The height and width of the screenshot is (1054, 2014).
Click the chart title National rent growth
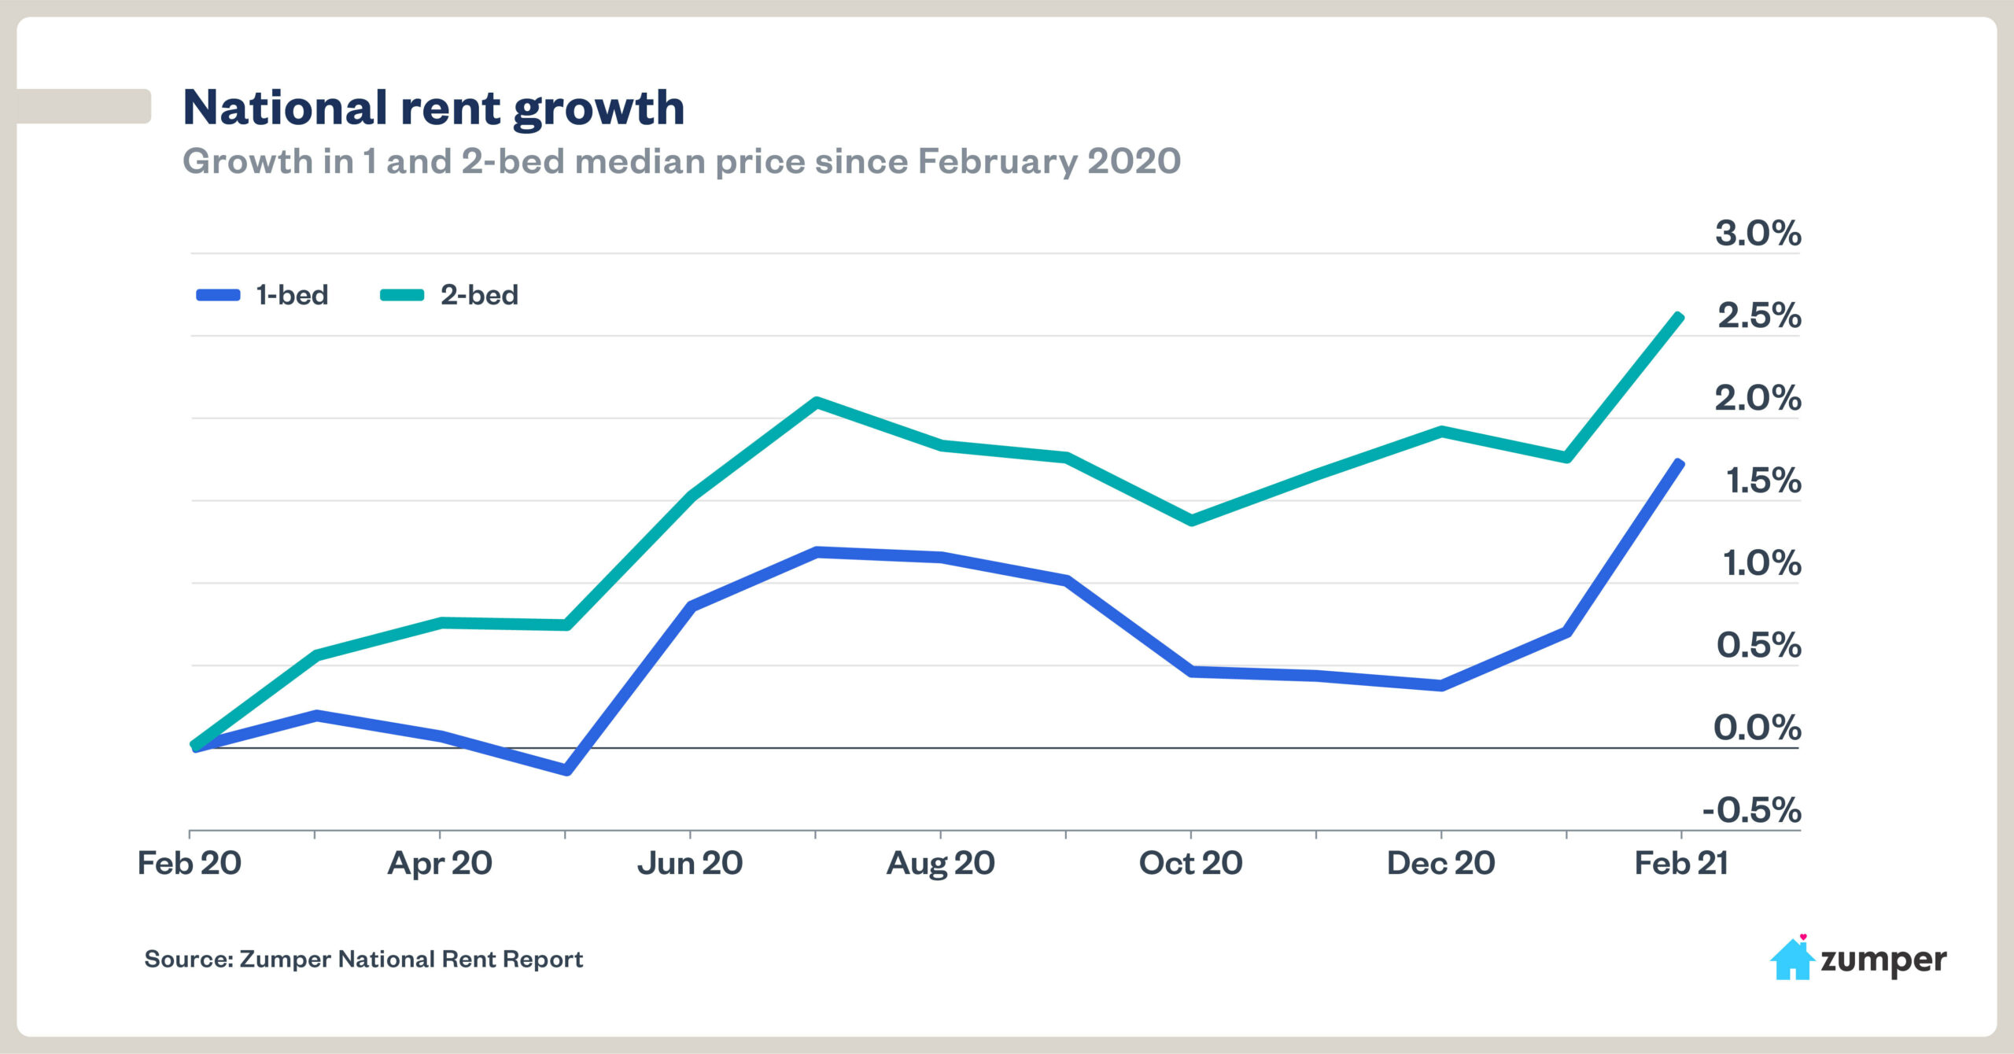coord(433,108)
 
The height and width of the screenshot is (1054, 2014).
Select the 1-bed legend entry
coord(263,295)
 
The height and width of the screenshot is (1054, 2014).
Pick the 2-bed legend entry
coord(449,295)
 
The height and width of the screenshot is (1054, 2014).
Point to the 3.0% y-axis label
coord(1758,234)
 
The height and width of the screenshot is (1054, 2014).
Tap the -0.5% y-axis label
coord(1751,810)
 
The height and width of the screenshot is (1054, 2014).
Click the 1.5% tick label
coord(1762,481)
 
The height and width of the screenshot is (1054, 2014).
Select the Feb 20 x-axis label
coord(189,864)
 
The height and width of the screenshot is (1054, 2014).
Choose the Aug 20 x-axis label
coord(940,864)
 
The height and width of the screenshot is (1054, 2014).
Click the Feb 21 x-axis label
coord(1681,864)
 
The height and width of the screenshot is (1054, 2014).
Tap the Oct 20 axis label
coord(1190,864)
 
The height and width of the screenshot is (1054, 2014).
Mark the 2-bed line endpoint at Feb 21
coord(1680,318)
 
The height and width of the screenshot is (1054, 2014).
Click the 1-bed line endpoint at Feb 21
coord(1680,464)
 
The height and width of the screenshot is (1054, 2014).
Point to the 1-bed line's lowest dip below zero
coord(567,770)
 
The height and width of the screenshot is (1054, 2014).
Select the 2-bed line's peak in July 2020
coord(817,403)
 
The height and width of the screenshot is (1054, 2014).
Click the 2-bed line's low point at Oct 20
coord(1191,520)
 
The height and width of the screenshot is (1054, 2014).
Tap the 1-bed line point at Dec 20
coord(1440,686)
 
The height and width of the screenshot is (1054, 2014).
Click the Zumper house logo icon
coord(1791,959)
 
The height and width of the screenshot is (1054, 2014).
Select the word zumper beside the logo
coord(1883,960)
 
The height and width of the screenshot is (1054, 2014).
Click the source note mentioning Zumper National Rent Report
coord(363,960)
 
